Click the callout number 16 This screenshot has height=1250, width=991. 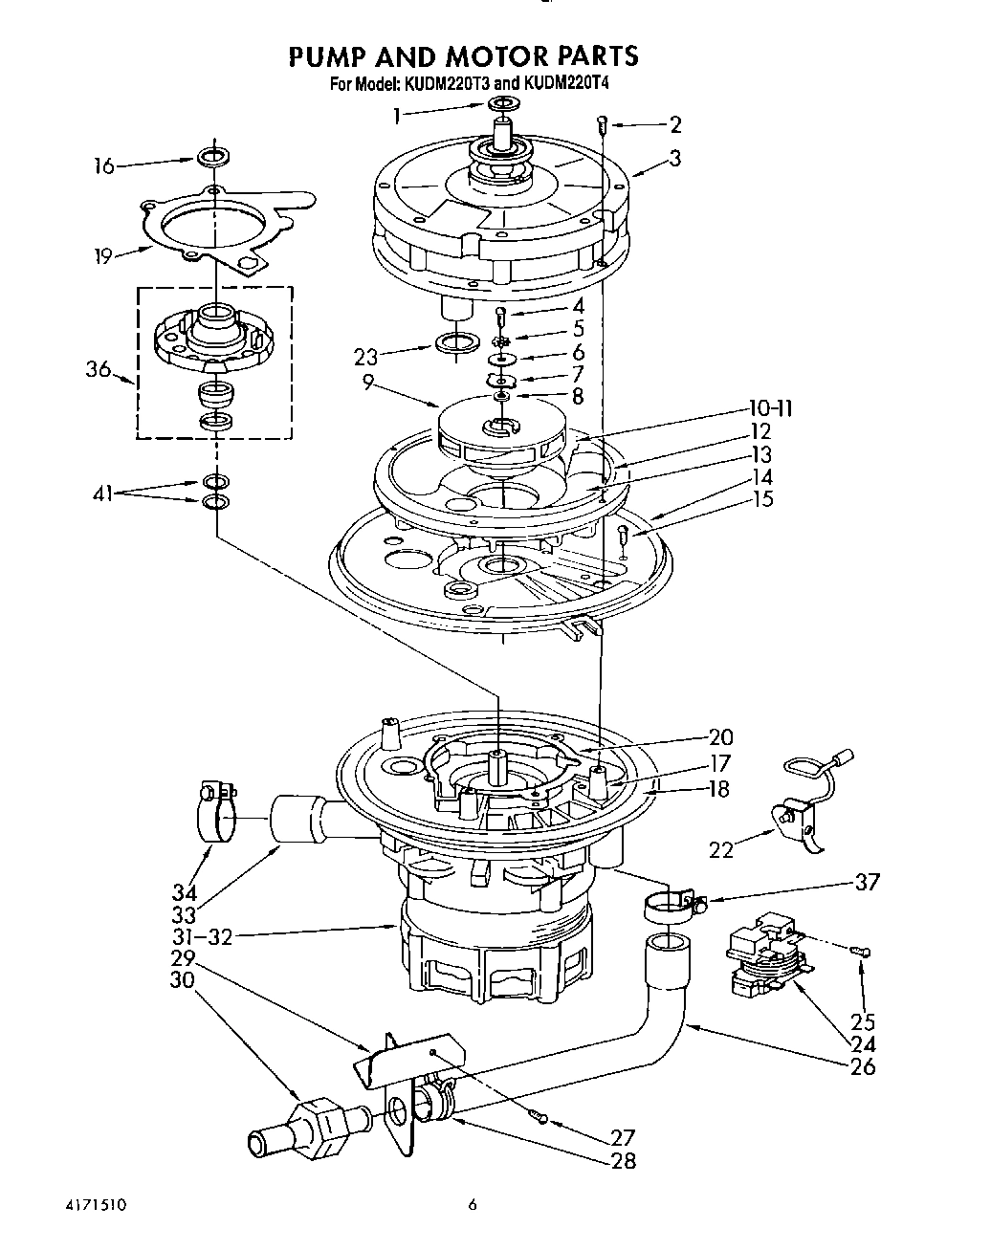[x=103, y=166]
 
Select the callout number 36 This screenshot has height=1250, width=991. [x=99, y=370]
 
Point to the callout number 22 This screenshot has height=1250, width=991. [x=720, y=848]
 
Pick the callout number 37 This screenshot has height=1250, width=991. [x=867, y=882]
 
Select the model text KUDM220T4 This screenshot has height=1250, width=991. [x=565, y=83]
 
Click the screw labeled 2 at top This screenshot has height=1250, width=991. [x=603, y=121]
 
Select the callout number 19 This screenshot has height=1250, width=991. [x=103, y=255]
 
